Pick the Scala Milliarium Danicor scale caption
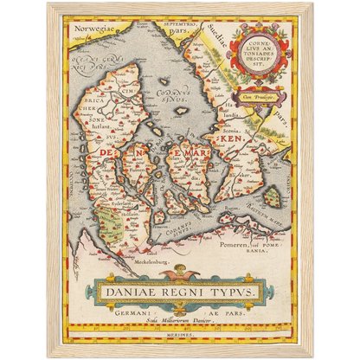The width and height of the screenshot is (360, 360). click(179, 322)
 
